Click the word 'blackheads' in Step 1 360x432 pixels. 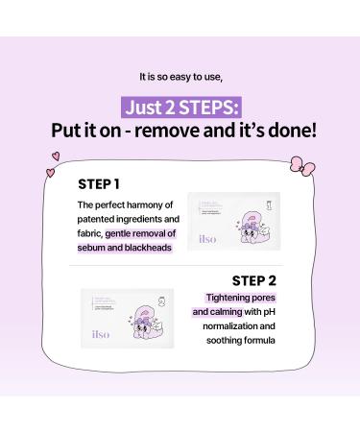[x=132, y=248]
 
